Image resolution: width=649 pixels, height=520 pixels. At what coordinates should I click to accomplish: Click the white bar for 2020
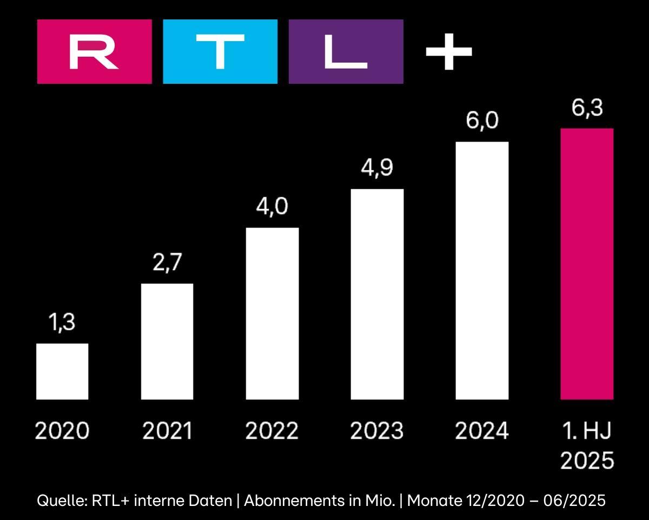pyautogui.click(x=62, y=371)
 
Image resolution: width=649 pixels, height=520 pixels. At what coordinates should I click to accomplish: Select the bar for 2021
pyautogui.click(x=167, y=342)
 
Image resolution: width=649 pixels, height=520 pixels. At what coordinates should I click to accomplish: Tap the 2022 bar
pyautogui.click(x=272, y=314)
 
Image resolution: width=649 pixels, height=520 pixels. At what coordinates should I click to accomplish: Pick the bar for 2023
pyautogui.click(x=377, y=294)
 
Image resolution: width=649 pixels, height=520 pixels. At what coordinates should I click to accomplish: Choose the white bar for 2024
pyautogui.click(x=482, y=271)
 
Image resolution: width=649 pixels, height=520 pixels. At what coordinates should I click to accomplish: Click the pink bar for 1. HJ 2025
pyautogui.click(x=587, y=264)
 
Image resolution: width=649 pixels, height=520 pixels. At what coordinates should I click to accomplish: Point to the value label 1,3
pyautogui.click(x=62, y=324)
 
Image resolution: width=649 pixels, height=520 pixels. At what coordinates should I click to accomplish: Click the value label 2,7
pyautogui.click(x=167, y=264)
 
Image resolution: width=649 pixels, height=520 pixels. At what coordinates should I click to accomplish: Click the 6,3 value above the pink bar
pyautogui.click(x=587, y=108)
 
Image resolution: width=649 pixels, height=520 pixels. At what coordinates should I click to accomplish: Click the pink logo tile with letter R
pyautogui.click(x=94, y=52)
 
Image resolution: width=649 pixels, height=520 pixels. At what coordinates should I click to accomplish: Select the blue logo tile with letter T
pyautogui.click(x=220, y=52)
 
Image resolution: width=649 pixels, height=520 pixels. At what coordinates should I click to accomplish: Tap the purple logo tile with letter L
pyautogui.click(x=346, y=52)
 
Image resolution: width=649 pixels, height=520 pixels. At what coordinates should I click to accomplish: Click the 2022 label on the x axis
pyautogui.click(x=272, y=431)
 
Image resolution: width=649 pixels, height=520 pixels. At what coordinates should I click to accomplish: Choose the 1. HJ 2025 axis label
pyautogui.click(x=587, y=446)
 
